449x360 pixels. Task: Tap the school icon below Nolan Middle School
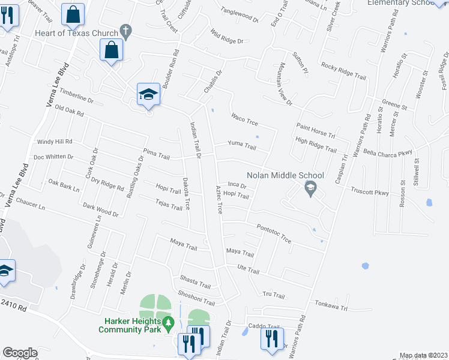[310, 189]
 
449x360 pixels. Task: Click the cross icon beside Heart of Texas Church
[125, 30]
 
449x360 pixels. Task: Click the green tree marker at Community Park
[170, 325]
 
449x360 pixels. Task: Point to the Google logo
[20, 353]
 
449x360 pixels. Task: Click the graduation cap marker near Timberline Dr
[148, 95]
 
